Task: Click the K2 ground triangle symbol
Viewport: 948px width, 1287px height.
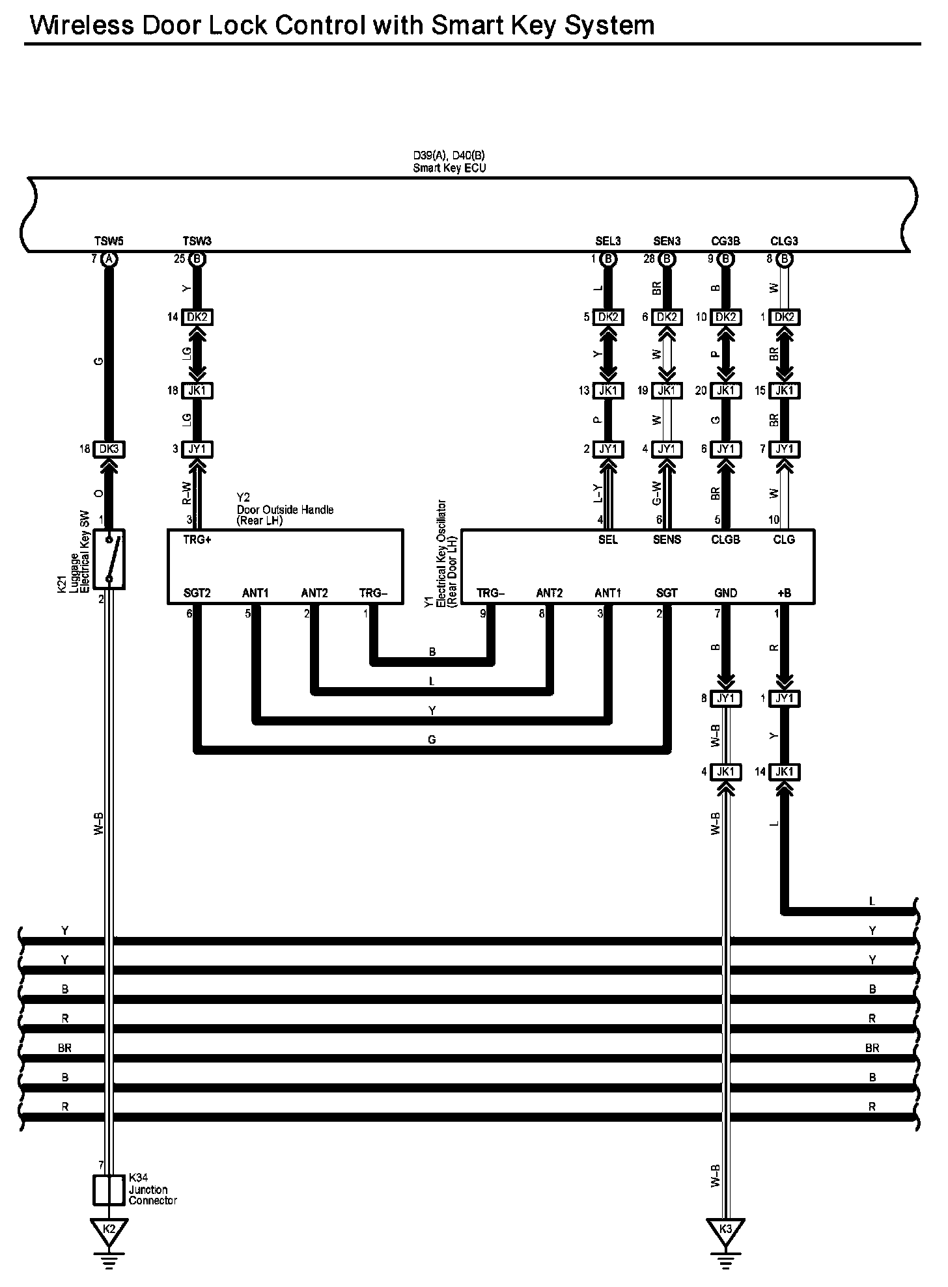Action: (x=109, y=1229)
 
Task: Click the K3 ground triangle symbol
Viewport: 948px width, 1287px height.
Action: (x=725, y=1229)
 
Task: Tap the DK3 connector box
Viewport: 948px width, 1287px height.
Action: (x=109, y=449)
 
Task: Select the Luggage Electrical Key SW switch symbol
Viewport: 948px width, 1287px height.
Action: (x=109, y=559)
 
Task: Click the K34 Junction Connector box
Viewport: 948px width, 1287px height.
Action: (x=109, y=1190)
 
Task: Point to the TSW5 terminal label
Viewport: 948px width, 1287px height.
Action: (x=109, y=241)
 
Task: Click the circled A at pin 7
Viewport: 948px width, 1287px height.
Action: (x=109, y=259)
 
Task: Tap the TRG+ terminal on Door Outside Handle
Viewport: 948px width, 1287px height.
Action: (x=197, y=539)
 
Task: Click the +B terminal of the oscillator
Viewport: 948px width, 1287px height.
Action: (x=784, y=593)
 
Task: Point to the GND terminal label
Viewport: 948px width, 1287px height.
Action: (x=725, y=593)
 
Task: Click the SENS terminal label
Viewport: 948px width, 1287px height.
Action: (x=667, y=539)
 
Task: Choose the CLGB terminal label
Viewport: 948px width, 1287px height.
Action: (x=725, y=539)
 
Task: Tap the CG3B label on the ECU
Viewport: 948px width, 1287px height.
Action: (x=725, y=241)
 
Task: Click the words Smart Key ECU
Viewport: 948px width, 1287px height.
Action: (x=449, y=168)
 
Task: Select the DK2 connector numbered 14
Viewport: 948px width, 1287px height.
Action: (x=197, y=318)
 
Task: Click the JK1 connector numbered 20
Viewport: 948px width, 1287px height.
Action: (x=725, y=390)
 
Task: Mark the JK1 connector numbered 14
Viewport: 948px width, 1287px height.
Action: (x=784, y=772)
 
